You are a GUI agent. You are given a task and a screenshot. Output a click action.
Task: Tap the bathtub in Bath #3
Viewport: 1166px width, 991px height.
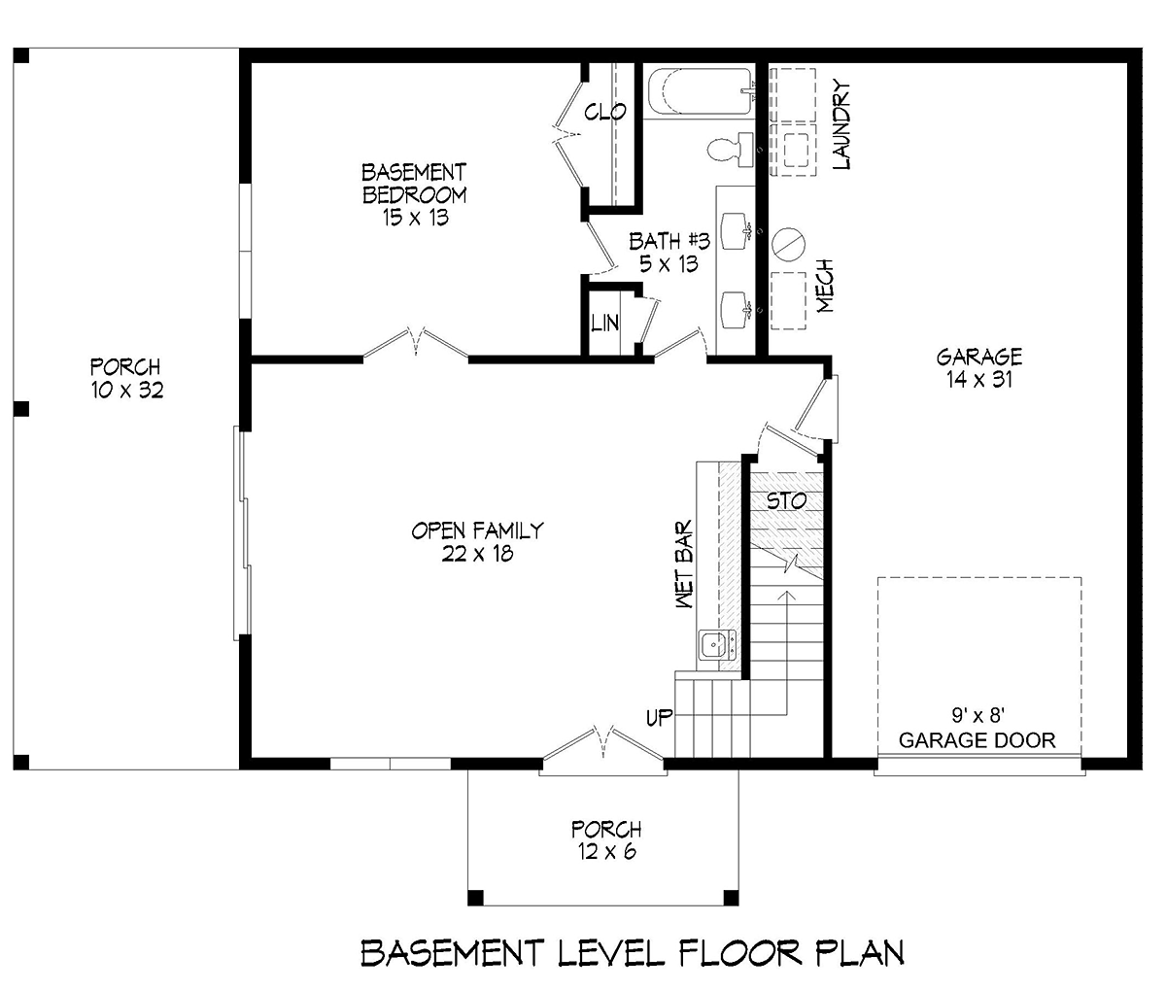(699, 93)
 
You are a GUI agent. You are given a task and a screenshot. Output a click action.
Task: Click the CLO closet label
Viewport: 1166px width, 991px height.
(605, 113)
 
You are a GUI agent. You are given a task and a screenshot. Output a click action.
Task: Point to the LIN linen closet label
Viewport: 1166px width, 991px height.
(604, 323)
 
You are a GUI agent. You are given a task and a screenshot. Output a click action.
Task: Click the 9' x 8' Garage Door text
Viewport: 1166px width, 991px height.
(977, 729)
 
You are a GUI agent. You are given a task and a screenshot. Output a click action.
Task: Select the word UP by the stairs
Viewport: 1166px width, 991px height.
(660, 718)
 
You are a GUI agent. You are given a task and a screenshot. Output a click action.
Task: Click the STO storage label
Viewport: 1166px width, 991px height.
(786, 501)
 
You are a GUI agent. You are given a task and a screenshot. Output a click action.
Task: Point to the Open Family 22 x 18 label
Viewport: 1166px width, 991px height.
(476, 542)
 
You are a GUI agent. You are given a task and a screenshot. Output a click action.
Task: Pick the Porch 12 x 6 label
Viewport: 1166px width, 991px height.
(606, 840)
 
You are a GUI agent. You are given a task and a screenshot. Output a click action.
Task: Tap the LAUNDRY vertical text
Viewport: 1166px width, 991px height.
(841, 125)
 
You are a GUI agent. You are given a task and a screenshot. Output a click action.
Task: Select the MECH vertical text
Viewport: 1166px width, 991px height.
(826, 286)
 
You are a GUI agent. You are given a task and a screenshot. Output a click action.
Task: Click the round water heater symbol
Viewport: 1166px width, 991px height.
(789, 243)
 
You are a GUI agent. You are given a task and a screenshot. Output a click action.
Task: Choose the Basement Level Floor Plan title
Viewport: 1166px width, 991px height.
(633, 953)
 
